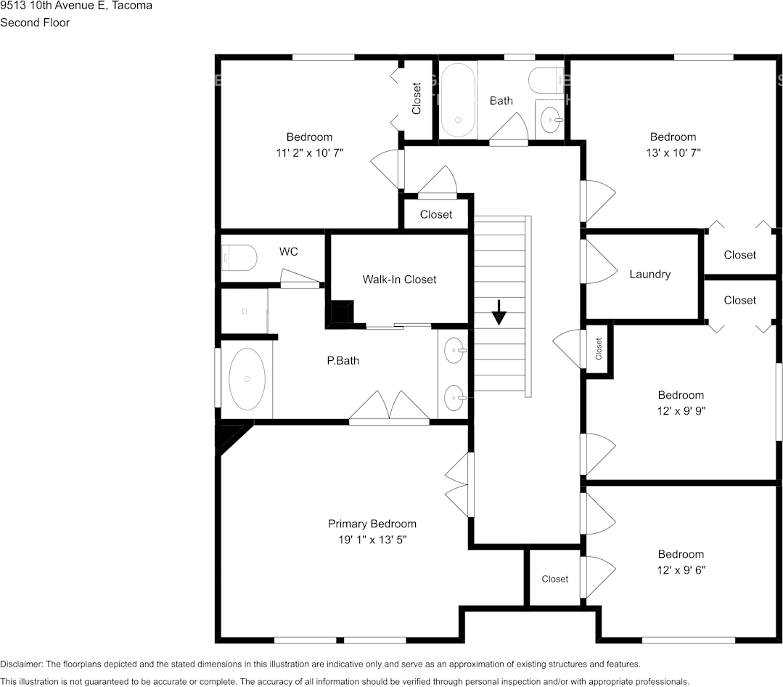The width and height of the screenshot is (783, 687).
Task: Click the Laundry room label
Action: [x=649, y=275]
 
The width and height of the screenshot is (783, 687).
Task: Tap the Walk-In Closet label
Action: [x=400, y=280]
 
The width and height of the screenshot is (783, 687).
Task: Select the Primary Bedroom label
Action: [x=372, y=524]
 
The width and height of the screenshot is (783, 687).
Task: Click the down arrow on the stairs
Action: [x=499, y=313]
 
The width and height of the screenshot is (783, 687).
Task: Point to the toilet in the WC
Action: [x=239, y=258]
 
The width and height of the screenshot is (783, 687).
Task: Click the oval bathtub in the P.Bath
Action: [x=247, y=379]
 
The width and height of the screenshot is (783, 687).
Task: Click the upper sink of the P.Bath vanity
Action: [x=454, y=351]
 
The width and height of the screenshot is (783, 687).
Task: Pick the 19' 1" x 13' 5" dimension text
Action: [x=372, y=540]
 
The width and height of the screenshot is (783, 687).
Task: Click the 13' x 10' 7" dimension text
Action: [x=673, y=153]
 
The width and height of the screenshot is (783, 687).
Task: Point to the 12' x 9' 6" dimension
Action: [x=681, y=570]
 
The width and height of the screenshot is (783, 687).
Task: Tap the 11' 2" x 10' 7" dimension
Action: [x=310, y=153]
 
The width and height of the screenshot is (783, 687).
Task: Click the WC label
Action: [x=289, y=251]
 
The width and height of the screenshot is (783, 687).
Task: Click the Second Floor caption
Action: [x=35, y=23]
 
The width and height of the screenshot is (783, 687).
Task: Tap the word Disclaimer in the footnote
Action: [x=22, y=664]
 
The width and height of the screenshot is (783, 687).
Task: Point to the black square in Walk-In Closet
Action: [x=342, y=312]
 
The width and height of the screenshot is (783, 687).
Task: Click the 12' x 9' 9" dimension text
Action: [x=681, y=411]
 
